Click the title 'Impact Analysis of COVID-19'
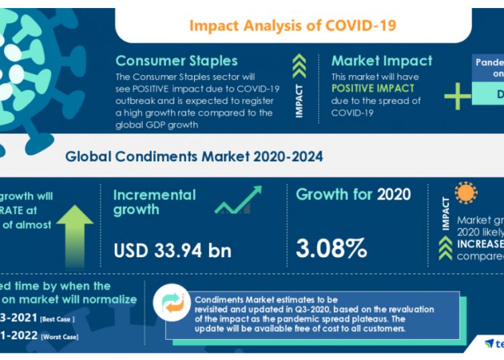click(292, 26)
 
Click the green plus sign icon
click(458, 96)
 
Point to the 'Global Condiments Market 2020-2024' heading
click(194, 156)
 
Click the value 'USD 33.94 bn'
click(173, 251)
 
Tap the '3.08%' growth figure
click(332, 249)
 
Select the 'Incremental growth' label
click(155, 202)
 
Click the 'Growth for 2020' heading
click(353, 195)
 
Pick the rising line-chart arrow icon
click(239, 200)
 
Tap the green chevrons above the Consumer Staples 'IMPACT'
click(300, 65)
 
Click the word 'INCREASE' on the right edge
click(480, 242)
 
